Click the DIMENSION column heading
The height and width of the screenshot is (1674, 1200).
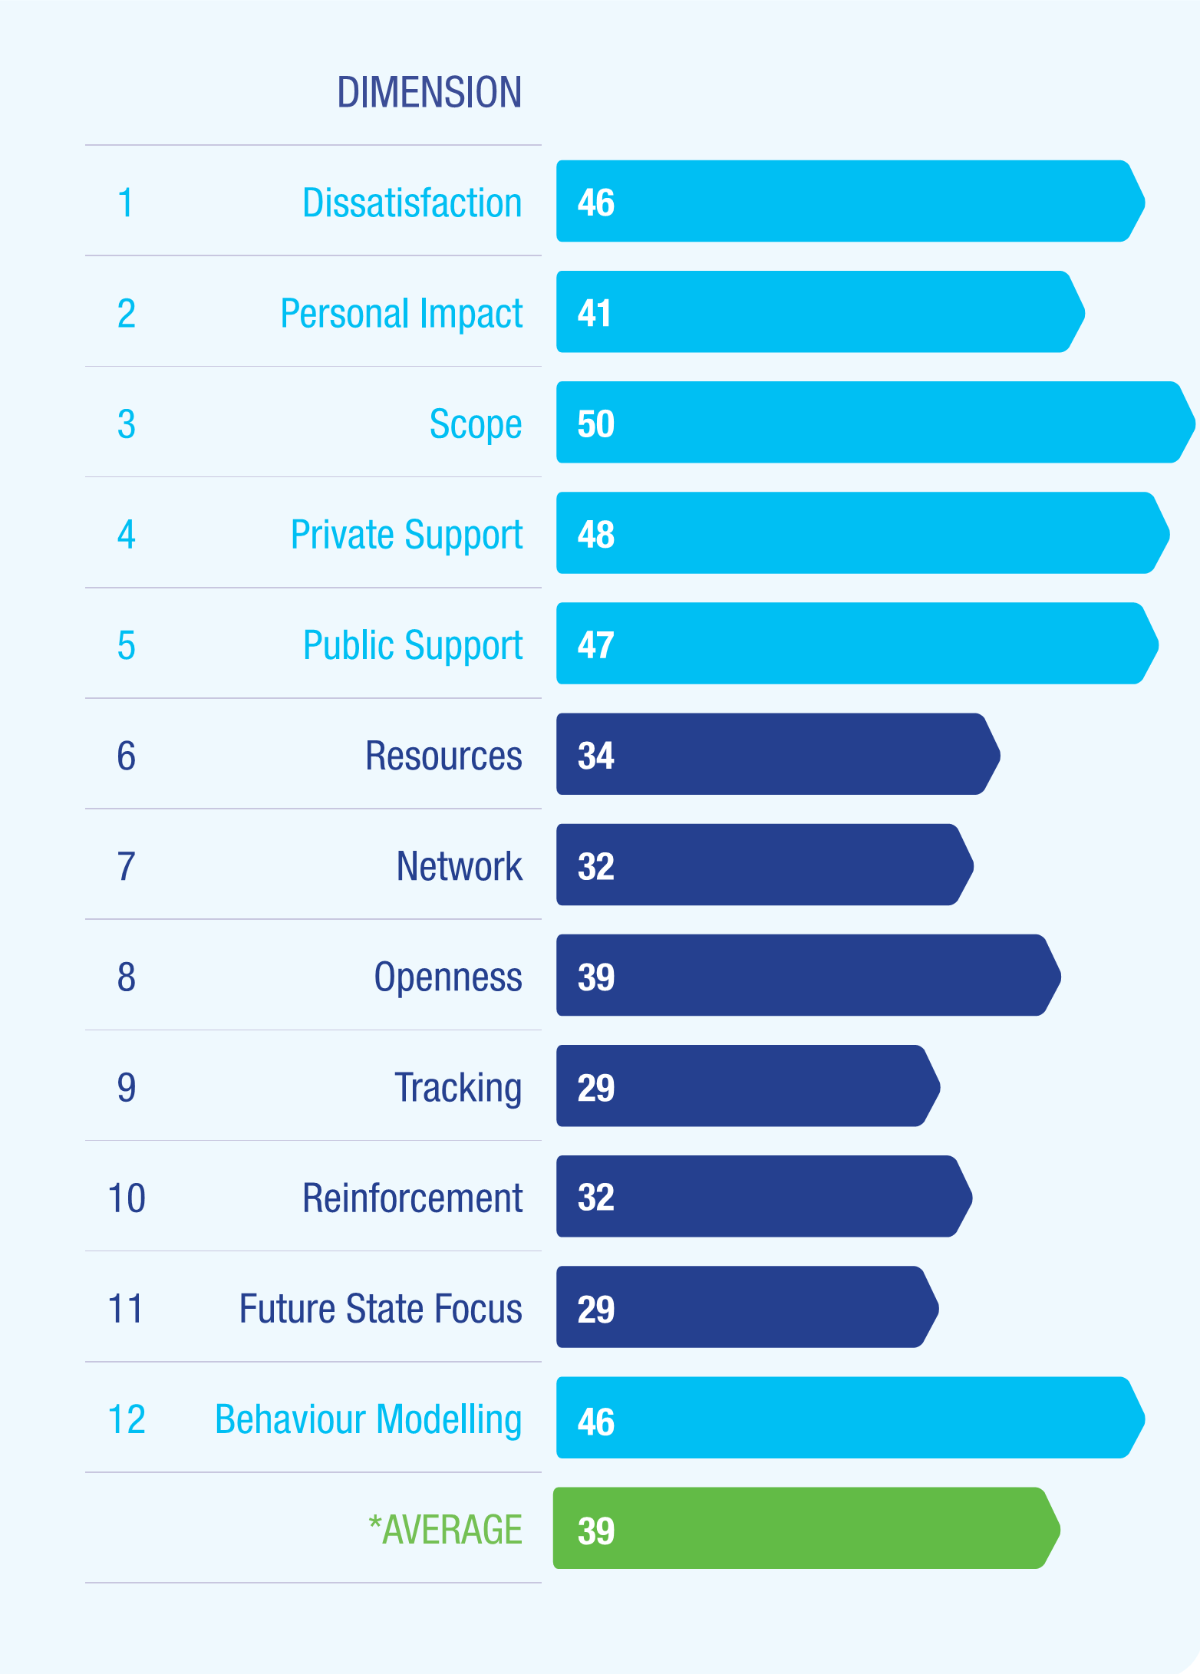click(429, 92)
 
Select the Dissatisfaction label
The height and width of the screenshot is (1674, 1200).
click(412, 203)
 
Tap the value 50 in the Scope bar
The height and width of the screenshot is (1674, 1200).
click(595, 424)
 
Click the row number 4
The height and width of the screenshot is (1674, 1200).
click(127, 535)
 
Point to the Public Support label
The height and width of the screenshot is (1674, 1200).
click(412, 645)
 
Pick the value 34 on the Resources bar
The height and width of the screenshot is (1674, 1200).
click(595, 756)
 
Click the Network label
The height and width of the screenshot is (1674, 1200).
click(459, 866)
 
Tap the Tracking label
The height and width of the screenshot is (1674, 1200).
click(458, 1088)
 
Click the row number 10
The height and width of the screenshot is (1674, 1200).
click(127, 1198)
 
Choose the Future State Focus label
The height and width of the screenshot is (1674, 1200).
click(381, 1309)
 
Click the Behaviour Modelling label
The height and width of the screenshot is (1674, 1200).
click(368, 1419)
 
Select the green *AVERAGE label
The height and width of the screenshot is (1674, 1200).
click(445, 1530)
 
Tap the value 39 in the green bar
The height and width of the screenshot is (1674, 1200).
click(595, 1531)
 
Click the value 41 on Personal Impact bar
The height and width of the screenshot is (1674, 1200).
click(595, 314)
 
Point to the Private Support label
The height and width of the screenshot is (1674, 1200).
click(407, 535)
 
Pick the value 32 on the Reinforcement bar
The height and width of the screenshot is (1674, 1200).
click(595, 1198)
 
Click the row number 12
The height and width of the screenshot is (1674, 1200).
click(127, 1419)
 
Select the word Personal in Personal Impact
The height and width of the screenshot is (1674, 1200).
click(345, 314)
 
